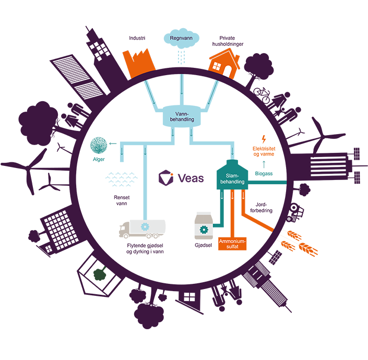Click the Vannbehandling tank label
coord(183,116)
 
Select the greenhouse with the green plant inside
coord(99,274)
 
